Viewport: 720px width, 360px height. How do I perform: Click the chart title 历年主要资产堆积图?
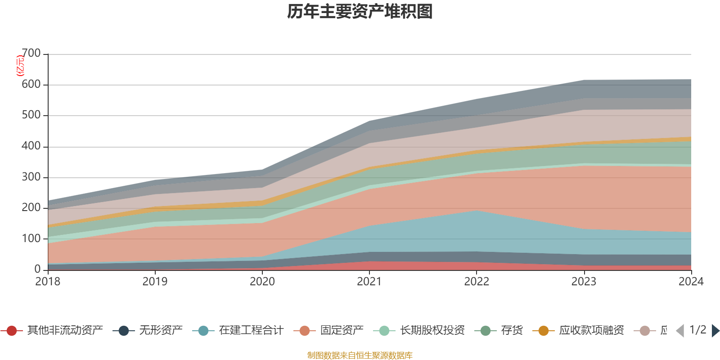tap(360, 12)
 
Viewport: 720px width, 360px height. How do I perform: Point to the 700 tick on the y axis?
tap(31, 54)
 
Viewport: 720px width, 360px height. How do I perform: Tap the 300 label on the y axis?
tap(31, 177)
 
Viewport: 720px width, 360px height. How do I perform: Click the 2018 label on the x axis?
tap(48, 282)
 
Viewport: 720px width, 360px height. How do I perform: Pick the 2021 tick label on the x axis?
tap(369, 282)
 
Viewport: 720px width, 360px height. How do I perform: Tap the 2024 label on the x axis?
tap(691, 282)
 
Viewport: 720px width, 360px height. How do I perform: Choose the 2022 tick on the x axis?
tap(477, 282)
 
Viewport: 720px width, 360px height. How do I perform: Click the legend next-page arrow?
tap(715, 331)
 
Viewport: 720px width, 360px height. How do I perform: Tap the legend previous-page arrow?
tap(680, 331)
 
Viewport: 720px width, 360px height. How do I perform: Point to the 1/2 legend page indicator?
tap(697, 330)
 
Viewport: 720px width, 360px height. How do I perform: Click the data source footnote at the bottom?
tap(360, 355)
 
